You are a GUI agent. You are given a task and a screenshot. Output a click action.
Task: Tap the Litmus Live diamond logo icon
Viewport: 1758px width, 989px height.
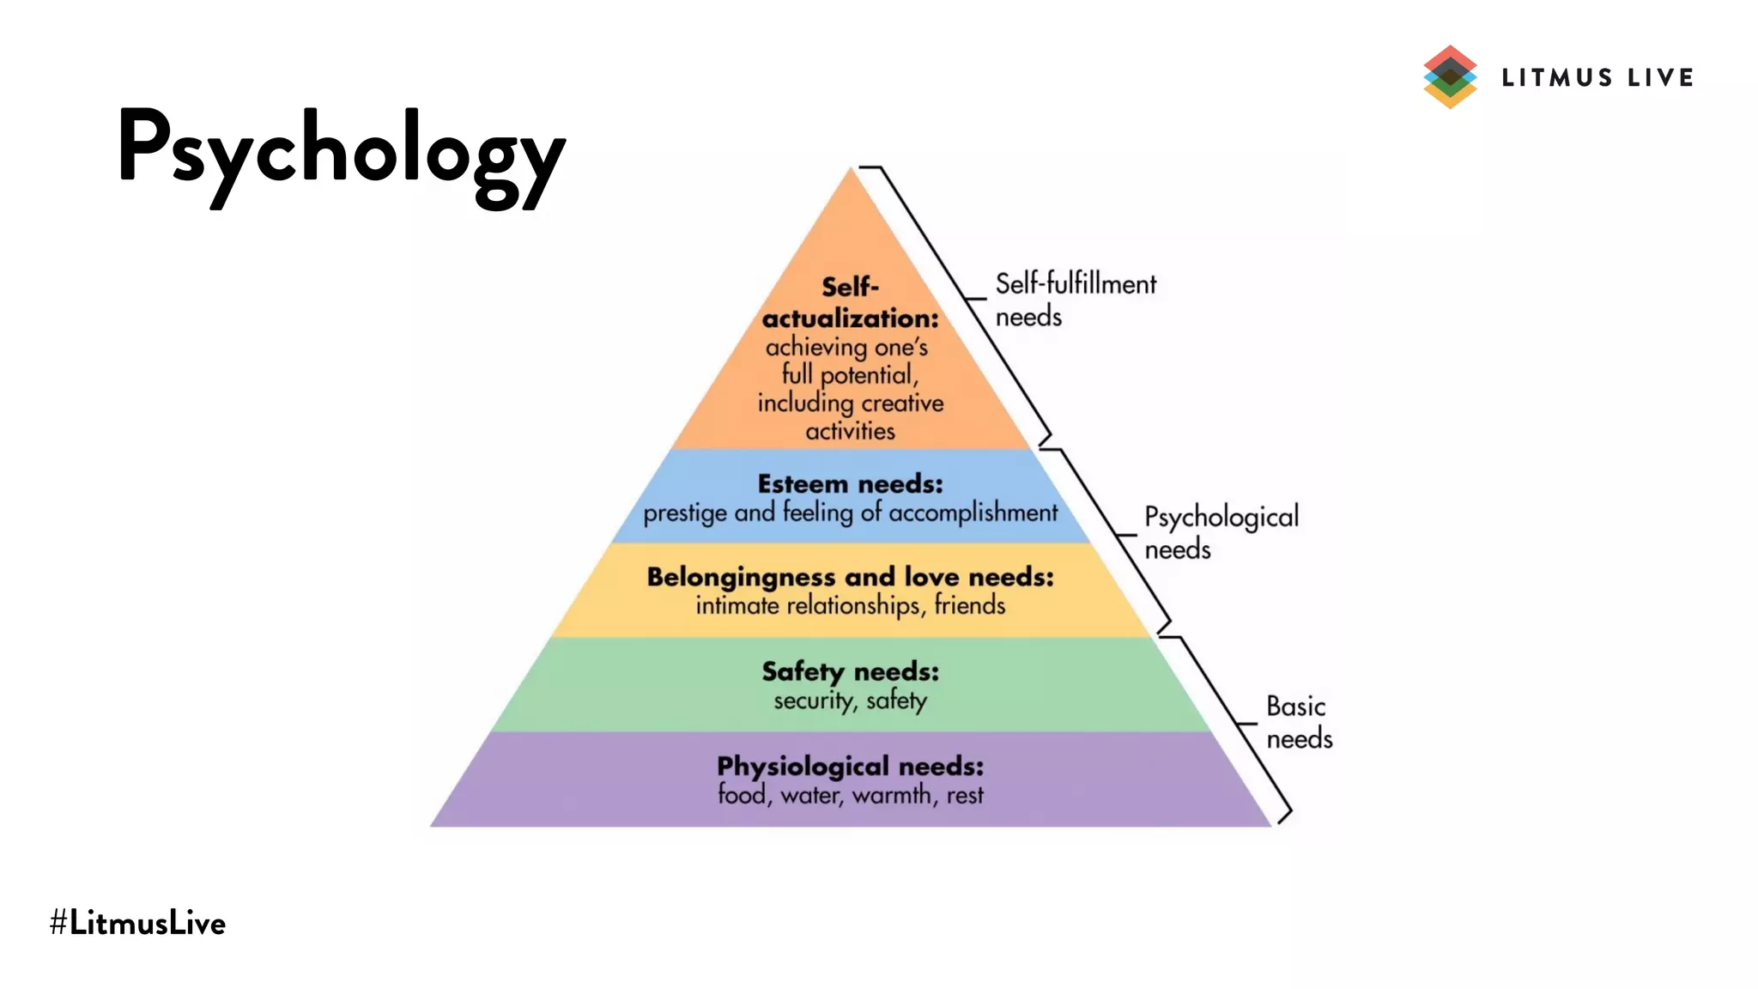coord(1450,77)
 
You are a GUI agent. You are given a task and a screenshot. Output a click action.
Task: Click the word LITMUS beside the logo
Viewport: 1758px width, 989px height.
coord(1557,78)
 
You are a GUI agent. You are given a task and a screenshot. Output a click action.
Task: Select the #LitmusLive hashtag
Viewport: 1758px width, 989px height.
coord(137,923)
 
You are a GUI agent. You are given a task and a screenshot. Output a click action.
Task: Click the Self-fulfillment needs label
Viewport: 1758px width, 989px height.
coord(1075,300)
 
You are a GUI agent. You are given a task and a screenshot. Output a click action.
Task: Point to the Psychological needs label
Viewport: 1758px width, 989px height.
coord(1221,532)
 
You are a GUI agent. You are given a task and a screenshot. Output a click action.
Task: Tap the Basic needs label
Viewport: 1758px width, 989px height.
coord(1299,722)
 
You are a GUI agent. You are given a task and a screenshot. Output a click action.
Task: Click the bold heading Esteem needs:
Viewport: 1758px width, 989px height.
coord(850,484)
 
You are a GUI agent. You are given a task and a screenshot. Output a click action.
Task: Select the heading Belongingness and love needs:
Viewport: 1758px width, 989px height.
coord(850,577)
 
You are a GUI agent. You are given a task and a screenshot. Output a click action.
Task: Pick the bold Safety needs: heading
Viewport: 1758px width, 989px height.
coord(850,671)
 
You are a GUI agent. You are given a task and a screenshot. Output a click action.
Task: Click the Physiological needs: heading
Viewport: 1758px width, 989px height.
coord(850,766)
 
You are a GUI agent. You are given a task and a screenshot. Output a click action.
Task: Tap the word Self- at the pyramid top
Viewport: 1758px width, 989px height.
coord(850,287)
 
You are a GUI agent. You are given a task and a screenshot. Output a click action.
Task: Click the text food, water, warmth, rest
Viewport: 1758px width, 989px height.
coord(850,795)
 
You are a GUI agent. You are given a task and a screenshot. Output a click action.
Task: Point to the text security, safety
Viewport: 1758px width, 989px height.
coord(850,701)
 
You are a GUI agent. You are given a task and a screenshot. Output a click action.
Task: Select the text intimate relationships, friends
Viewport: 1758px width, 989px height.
coord(850,606)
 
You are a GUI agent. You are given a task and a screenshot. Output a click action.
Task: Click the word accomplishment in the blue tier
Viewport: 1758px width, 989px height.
coord(973,513)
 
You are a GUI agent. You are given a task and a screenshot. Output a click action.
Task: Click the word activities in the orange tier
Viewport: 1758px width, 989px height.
coord(850,431)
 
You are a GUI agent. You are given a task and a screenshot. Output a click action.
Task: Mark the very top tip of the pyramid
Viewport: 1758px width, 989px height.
coord(851,170)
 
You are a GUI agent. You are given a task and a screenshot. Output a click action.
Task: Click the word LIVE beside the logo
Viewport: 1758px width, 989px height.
coord(1660,78)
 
